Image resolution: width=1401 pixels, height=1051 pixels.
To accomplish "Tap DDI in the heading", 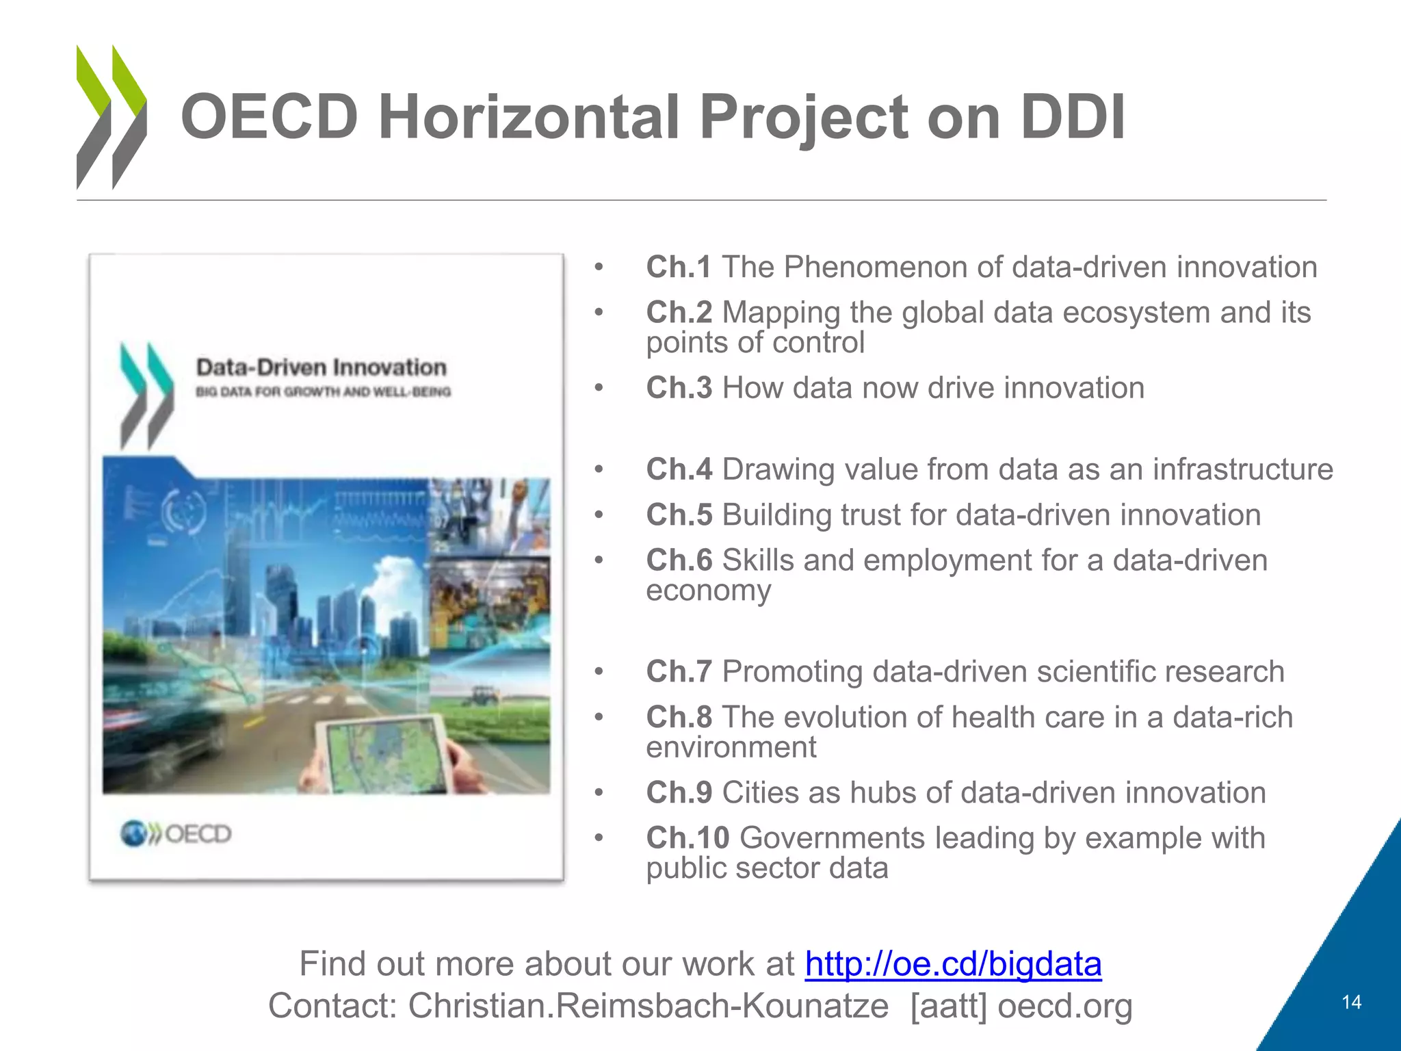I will click(x=1072, y=118).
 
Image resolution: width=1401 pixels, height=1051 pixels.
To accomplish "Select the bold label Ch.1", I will click(x=679, y=268).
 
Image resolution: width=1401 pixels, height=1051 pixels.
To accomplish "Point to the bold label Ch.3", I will click(x=679, y=388).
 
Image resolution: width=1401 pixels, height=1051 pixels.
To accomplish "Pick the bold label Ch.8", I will click(x=679, y=717).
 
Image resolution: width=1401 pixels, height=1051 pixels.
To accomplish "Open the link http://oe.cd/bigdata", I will click(x=953, y=964).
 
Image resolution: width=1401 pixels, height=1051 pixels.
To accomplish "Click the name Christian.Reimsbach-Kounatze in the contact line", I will click(x=648, y=1006).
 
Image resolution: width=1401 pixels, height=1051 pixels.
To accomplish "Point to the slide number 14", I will click(x=1351, y=1002).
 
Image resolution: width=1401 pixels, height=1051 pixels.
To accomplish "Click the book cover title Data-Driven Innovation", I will click(x=321, y=367).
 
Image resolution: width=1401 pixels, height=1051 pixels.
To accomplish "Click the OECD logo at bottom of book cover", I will click(x=176, y=833).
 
